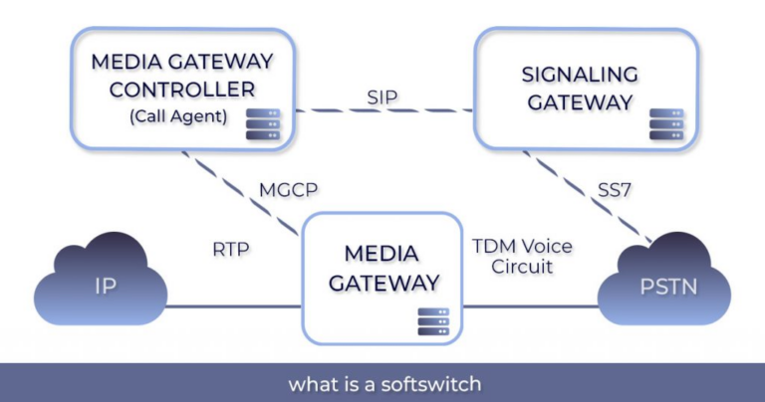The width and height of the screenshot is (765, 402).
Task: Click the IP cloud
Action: [104, 287]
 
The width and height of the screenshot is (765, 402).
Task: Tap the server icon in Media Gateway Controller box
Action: [265, 125]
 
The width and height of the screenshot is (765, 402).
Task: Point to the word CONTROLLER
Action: [177, 88]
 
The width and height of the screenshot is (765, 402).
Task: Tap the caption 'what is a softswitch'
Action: [382, 382]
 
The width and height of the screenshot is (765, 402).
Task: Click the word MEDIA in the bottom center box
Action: [382, 255]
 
